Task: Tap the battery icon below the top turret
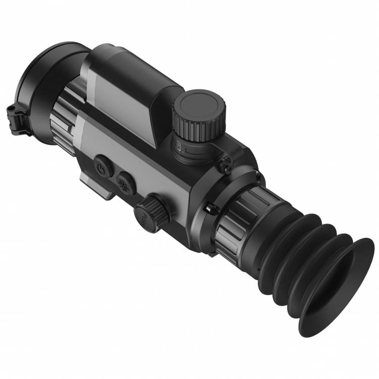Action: coord(179,146)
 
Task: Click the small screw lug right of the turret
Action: coord(225,162)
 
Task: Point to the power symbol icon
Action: coord(103,166)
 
